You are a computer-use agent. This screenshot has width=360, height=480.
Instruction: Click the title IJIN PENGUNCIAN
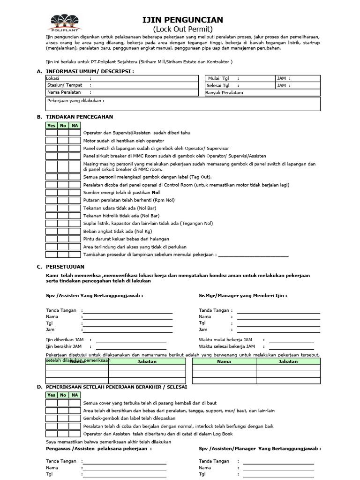(183, 20)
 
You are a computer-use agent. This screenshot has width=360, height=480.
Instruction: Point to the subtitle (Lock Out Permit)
(183, 29)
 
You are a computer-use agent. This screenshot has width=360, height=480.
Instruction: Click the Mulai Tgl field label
(218, 79)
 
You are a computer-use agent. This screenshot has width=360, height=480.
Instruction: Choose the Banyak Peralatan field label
(225, 93)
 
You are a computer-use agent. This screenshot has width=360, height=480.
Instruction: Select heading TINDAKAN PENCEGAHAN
(79, 117)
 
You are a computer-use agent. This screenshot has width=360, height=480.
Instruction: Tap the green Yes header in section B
(51, 126)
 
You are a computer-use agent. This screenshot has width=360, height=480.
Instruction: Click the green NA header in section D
(75, 395)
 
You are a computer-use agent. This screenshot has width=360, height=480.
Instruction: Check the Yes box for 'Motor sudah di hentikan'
(51, 141)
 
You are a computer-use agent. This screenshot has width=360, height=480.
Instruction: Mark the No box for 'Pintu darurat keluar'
(63, 239)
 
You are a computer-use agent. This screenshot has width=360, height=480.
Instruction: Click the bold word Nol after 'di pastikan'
(156, 193)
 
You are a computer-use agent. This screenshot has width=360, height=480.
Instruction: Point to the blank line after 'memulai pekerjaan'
(253, 255)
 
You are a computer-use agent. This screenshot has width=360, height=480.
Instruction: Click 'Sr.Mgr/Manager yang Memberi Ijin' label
(243, 296)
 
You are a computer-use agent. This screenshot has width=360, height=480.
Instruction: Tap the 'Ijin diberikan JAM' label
(65, 339)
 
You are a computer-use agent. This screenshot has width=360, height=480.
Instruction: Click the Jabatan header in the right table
(288, 361)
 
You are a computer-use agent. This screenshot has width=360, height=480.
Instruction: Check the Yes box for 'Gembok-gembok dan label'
(51, 418)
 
